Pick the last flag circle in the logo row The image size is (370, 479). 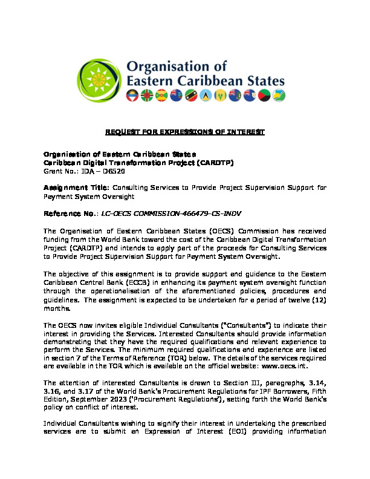pyautogui.click(x=280, y=96)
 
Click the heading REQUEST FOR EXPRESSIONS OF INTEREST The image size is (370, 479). pyautogui.click(x=185, y=132)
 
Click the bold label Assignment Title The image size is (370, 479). pyautogui.click(x=75, y=188)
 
